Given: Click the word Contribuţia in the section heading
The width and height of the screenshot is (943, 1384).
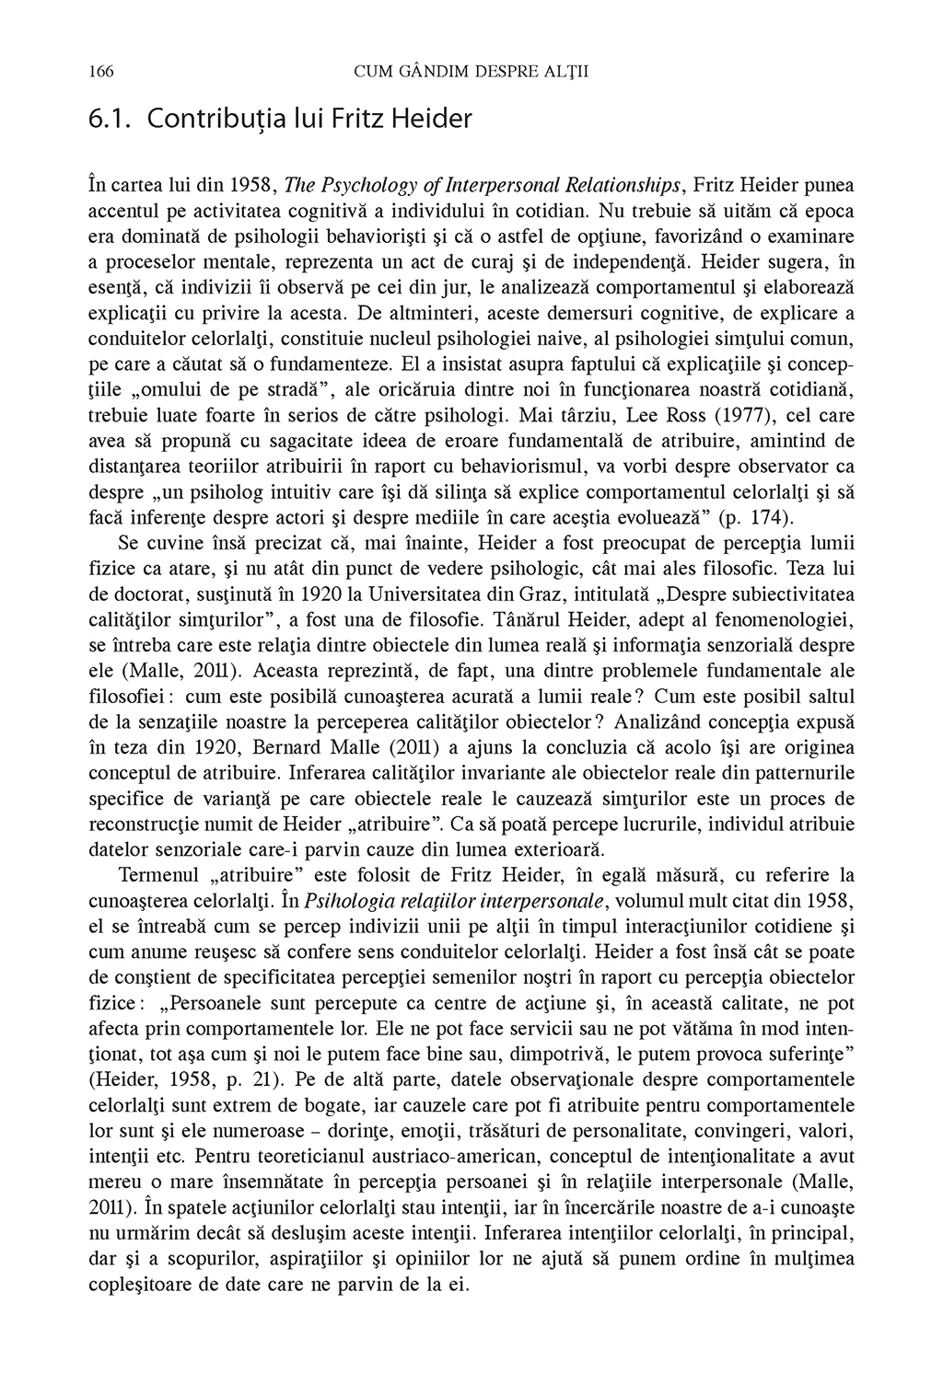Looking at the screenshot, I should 202,119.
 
